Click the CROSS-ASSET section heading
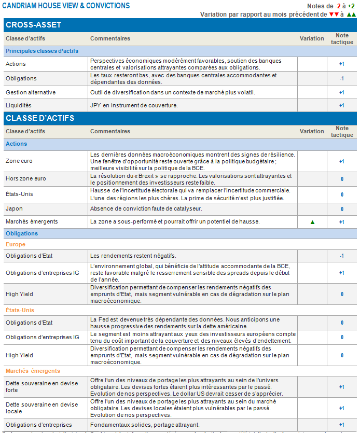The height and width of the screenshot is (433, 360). pos(34,25)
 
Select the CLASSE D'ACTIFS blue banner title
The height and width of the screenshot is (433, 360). pos(40,118)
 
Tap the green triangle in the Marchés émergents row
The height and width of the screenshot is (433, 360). pos(312,222)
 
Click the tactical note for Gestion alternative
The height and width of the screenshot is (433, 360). pos(341,92)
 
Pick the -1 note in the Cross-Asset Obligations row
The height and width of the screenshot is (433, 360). pos(341,79)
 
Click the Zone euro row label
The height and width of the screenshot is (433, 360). pos(19,161)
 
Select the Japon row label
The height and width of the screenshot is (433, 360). pos(14,209)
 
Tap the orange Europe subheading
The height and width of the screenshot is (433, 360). pos(16,244)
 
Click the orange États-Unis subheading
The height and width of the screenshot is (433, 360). pos(20,310)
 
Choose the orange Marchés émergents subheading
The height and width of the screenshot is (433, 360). pos(33,371)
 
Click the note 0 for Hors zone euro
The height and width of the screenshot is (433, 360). pos(342,179)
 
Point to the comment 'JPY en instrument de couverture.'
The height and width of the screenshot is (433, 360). pos(134,105)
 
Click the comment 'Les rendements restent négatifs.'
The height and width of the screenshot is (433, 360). pos(133,256)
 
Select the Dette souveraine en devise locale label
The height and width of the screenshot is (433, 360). pos(41,408)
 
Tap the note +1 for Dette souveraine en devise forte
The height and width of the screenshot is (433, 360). pos(341,387)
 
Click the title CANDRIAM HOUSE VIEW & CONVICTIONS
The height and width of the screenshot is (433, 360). pos(66,6)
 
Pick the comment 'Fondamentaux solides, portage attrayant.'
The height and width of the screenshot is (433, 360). pos(145,425)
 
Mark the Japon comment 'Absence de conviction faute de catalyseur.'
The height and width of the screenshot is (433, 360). pos(146,209)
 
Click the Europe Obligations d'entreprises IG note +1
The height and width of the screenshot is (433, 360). pos(341,273)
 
